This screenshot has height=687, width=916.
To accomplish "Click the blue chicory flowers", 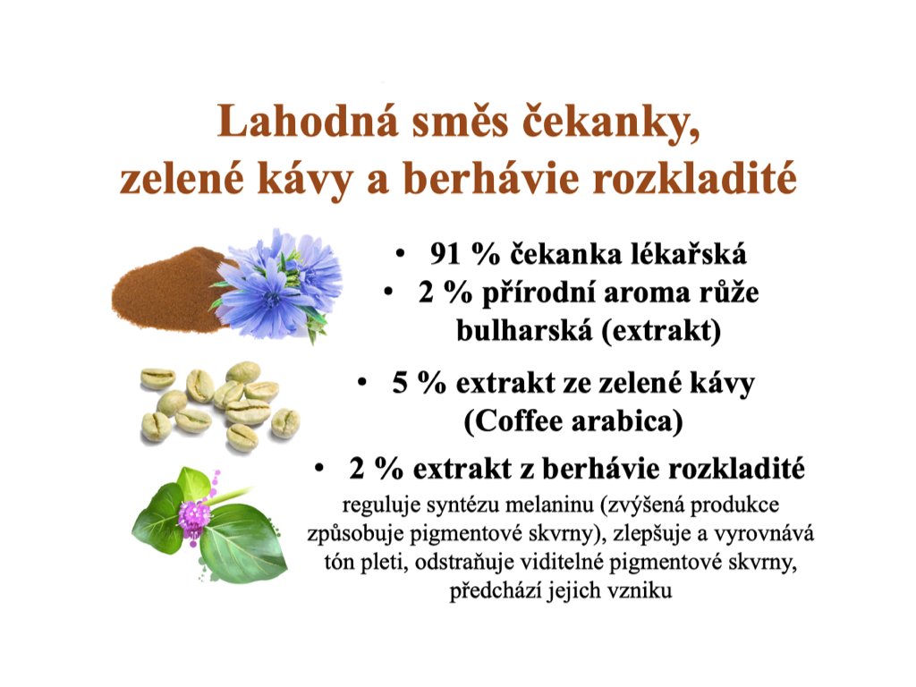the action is pyautogui.click(x=277, y=285).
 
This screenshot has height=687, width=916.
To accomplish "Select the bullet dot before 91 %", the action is pyautogui.click(x=400, y=253).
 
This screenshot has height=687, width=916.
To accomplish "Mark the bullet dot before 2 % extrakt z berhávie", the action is pyautogui.click(x=319, y=469).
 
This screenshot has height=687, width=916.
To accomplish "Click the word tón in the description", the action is pyautogui.click(x=337, y=563).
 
